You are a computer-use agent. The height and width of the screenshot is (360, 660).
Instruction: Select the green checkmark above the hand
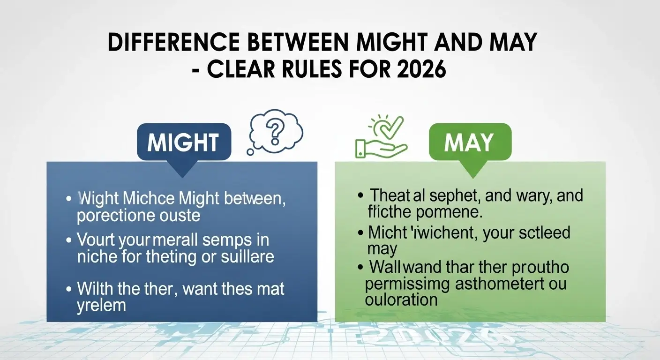point(393,126)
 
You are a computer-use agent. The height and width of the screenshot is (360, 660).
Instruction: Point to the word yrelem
point(101,305)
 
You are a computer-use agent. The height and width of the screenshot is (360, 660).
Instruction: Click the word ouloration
point(401,300)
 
